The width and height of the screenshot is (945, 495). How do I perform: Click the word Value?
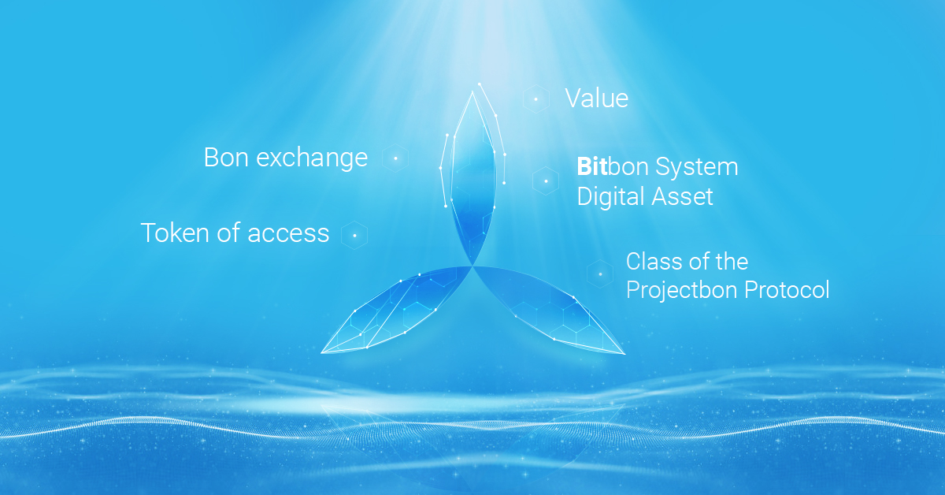pyautogui.click(x=597, y=98)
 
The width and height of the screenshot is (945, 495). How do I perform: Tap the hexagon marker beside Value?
pyautogui.click(x=535, y=99)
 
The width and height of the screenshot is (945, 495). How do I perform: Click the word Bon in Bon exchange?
pyautogui.click(x=226, y=157)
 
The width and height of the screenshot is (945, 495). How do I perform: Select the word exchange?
pyautogui.click(x=312, y=158)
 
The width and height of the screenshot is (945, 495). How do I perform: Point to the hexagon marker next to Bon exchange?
pyautogui.click(x=395, y=158)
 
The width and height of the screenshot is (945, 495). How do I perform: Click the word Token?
pyautogui.click(x=175, y=233)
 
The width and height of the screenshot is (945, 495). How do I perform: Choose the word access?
pyautogui.click(x=288, y=234)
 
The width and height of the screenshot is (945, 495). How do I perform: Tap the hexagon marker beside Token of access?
pyautogui.click(x=354, y=235)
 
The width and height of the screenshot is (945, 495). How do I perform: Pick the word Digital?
pyautogui.click(x=607, y=197)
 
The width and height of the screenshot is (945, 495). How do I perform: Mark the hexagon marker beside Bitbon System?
pyautogui.click(x=546, y=181)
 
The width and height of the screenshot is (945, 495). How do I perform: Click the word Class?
pyautogui.click(x=653, y=262)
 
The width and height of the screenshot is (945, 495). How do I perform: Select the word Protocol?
pyautogui.click(x=787, y=290)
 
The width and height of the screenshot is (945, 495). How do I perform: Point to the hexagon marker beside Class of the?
pyautogui.click(x=600, y=274)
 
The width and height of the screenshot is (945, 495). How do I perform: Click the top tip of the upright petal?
pyautogui.click(x=472, y=92)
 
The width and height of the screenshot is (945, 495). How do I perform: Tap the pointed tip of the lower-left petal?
pyautogui.click(x=322, y=352)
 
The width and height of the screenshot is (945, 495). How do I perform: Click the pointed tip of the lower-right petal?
pyautogui.click(x=624, y=354)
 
